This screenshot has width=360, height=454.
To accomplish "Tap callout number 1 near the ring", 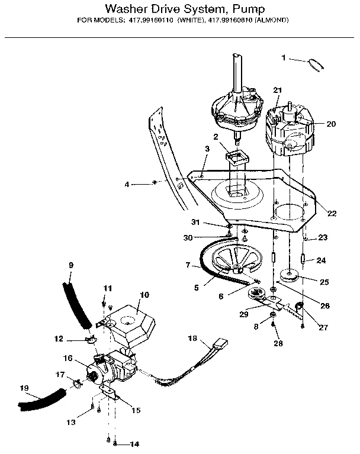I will (x=284, y=58).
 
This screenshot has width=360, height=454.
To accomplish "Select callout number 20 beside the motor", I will (x=331, y=124).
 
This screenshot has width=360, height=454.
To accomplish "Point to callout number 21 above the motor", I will (x=278, y=89).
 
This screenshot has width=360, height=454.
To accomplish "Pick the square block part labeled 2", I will (x=237, y=157).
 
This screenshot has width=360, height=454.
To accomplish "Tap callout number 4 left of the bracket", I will (x=126, y=185).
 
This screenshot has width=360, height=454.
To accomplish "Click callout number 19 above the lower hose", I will (x=24, y=388).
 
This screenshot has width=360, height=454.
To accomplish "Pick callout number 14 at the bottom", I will (x=134, y=444).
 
